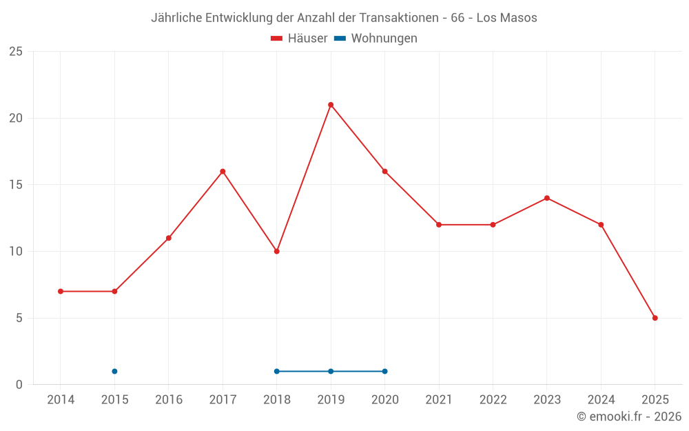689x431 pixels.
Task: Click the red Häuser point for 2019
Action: [x=331, y=105]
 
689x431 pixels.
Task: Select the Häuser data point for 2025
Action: [x=655, y=318]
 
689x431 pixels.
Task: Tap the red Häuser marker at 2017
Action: [x=223, y=171]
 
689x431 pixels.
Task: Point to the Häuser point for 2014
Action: [x=61, y=291]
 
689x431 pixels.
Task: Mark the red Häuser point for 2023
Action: [x=547, y=198]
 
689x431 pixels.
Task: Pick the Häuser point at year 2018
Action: [x=276, y=251]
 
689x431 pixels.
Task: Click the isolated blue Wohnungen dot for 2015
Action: [x=114, y=371]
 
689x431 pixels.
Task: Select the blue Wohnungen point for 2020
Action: [x=384, y=371]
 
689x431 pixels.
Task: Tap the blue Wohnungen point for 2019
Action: [x=331, y=371]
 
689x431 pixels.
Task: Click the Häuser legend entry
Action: [x=299, y=39]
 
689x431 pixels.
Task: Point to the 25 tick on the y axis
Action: [x=16, y=52]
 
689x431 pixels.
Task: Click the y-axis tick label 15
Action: [x=16, y=185]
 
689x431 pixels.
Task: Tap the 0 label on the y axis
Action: [x=19, y=385]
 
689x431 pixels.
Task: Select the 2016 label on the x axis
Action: [x=169, y=399]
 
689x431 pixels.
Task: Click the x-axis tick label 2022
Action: [x=493, y=399]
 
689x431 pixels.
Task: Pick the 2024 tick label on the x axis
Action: [x=601, y=399]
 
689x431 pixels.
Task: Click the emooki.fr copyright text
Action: [x=629, y=417]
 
